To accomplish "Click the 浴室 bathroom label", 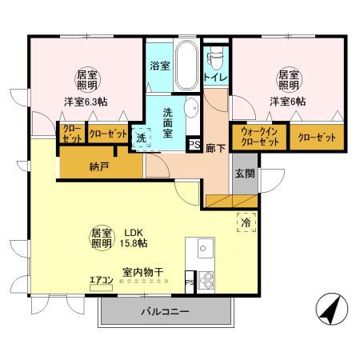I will click(x=159, y=66).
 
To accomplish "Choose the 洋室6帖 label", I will click(x=287, y=102).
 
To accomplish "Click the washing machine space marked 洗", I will click(x=142, y=138).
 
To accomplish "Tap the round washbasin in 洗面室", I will click(x=192, y=109).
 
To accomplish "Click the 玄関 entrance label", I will click(x=245, y=173).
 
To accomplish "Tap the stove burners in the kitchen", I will click(x=205, y=280).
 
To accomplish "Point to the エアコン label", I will click(x=100, y=280).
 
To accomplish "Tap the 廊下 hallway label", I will click(x=214, y=148).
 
